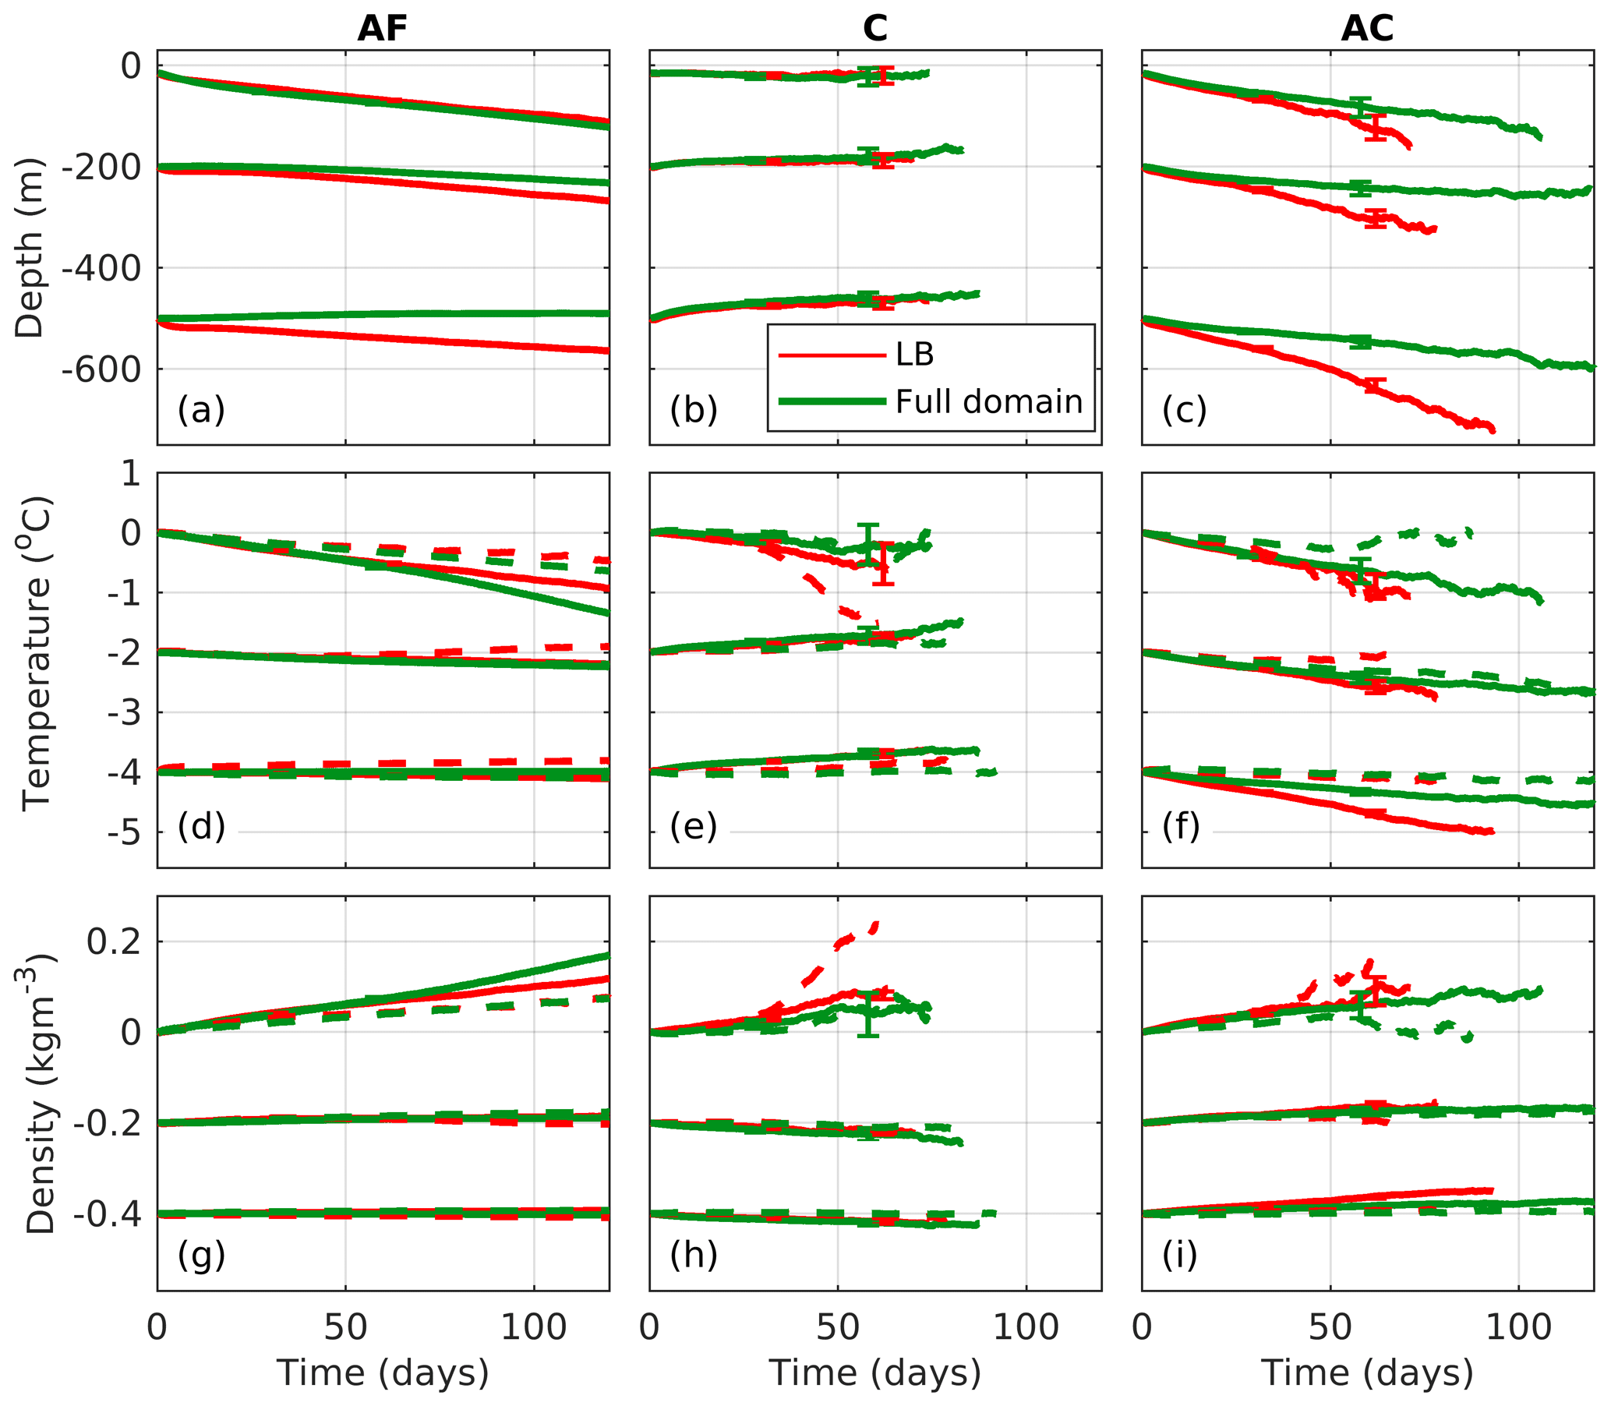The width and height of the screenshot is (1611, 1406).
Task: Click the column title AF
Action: click(382, 29)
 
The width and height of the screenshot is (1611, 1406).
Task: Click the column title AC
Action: click(1367, 29)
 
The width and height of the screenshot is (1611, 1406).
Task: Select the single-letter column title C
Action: click(875, 29)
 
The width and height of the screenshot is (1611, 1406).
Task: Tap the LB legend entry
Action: click(914, 355)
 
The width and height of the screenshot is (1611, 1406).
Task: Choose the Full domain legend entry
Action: click(989, 401)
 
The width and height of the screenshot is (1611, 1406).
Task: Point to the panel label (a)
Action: click(201, 409)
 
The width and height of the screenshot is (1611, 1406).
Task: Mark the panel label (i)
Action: click(1179, 1255)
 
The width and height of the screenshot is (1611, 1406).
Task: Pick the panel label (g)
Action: click(201, 1256)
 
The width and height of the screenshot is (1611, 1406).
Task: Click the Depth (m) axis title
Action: click(30, 249)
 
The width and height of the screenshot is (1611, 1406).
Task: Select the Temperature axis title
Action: click(36, 653)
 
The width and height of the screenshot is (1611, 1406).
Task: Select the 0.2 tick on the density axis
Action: click(113, 941)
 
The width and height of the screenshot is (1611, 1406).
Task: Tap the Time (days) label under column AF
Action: click(382, 1372)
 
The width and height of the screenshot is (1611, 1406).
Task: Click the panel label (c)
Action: click(1184, 409)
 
